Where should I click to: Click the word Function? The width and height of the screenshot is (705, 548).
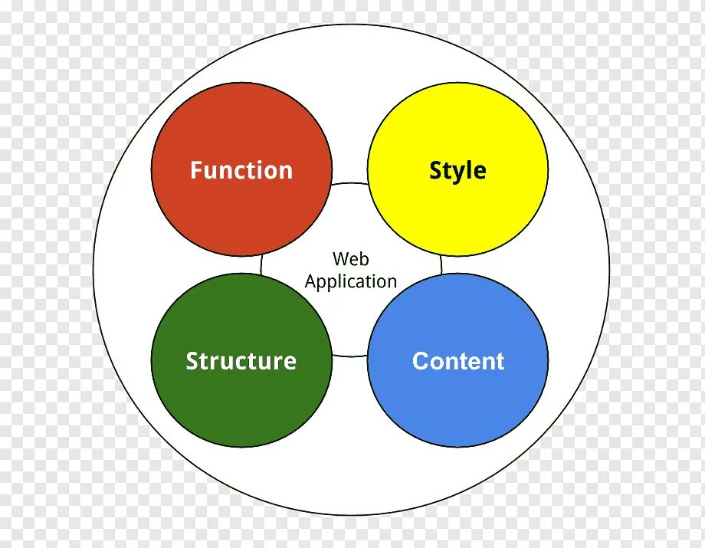tap(241, 170)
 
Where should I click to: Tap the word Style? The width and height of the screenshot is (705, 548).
tap(457, 170)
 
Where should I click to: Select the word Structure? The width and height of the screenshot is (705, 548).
tap(241, 361)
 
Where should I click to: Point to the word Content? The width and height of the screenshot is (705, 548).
tap(458, 361)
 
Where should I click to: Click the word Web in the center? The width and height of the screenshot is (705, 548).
tap(351, 259)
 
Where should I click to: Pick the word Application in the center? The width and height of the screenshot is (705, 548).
tap(351, 282)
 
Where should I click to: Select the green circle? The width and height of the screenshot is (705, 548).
tap(241, 406)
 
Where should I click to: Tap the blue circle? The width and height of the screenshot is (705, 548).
tap(458, 406)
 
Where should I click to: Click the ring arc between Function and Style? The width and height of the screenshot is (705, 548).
tap(350, 183)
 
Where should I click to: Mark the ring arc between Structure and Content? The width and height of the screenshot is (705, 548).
tap(350, 356)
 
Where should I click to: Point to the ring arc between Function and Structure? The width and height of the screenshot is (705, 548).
tap(261, 264)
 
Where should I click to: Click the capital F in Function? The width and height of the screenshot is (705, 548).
tap(196, 170)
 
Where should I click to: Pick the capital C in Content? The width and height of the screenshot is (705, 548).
tap(421, 361)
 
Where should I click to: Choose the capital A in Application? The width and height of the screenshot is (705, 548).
tap(311, 281)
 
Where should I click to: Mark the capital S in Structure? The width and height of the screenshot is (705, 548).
tap(192, 361)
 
